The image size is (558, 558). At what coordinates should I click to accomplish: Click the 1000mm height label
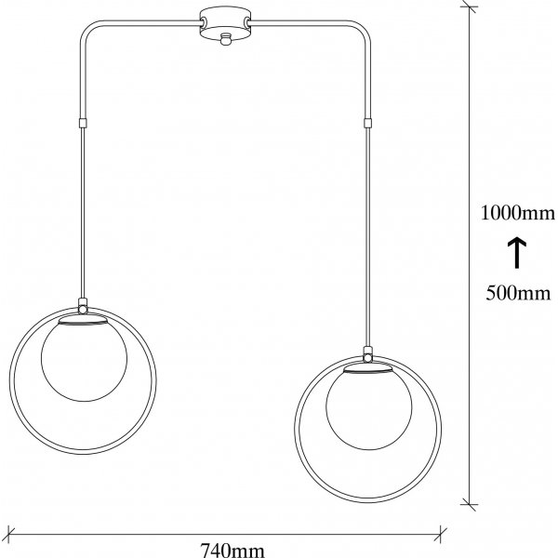point(518,213)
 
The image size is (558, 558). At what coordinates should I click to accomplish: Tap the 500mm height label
point(518,293)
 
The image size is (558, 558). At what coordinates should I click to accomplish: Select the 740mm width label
point(232,551)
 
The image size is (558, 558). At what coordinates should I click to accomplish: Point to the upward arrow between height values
point(516,253)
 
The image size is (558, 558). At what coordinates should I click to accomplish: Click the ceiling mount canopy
point(225,24)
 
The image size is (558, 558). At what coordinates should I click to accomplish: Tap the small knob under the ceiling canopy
point(225,39)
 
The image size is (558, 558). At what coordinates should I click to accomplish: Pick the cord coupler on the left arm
point(82,123)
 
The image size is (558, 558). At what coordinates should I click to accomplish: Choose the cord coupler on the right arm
point(367,123)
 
